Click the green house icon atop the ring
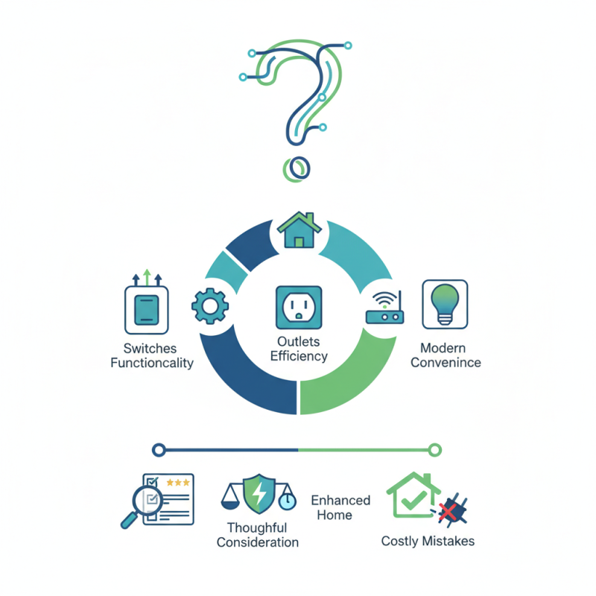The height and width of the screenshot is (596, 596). click(299, 230)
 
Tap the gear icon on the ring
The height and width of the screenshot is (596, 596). click(210, 306)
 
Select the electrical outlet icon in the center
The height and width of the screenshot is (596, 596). click(299, 308)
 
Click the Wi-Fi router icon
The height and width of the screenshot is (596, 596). click(384, 308)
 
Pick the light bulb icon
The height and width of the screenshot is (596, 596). click(445, 304)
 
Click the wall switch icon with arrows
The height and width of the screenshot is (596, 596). click(147, 310)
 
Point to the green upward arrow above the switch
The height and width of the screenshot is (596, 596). click(147, 277)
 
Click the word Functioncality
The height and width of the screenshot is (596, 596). click(152, 363)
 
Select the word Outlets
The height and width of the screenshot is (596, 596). click(299, 341)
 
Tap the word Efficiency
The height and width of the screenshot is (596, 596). click(299, 356)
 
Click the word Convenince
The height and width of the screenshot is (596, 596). click(446, 362)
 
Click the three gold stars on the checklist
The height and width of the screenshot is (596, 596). click(178, 483)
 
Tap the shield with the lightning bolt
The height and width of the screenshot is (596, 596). click(259, 493)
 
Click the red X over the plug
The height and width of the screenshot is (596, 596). click(448, 512)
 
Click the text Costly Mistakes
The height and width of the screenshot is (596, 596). click(428, 541)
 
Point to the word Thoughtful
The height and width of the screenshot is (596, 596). click(257, 528)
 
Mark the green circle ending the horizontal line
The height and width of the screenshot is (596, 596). click(434, 450)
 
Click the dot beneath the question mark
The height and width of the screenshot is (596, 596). click(297, 169)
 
